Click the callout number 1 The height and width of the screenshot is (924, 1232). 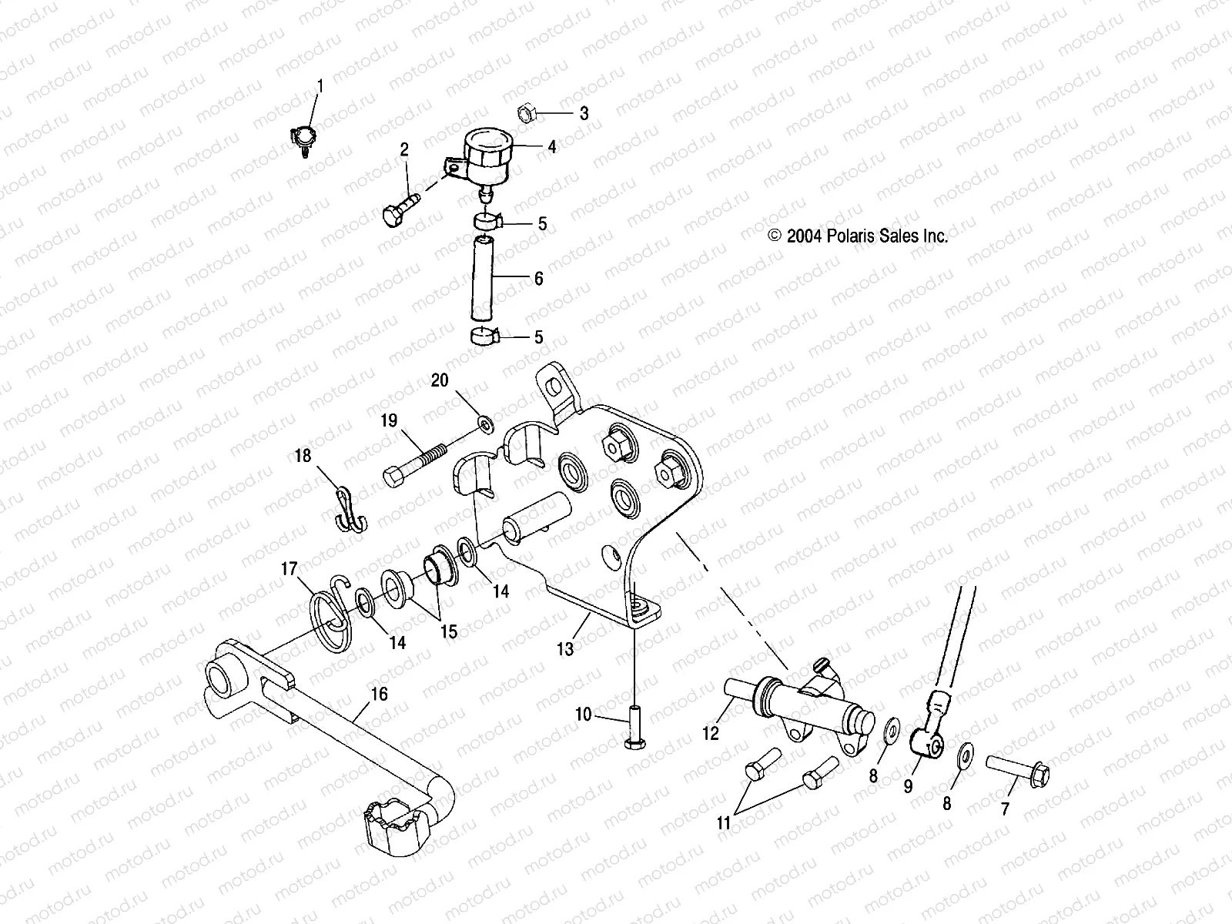(x=320, y=85)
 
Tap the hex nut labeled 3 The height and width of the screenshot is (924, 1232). (x=527, y=112)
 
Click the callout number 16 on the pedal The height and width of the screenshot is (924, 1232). (x=379, y=695)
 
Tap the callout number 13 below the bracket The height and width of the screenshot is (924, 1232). (x=565, y=649)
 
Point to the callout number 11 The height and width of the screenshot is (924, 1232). (x=723, y=823)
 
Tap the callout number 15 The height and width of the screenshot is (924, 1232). (x=448, y=631)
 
